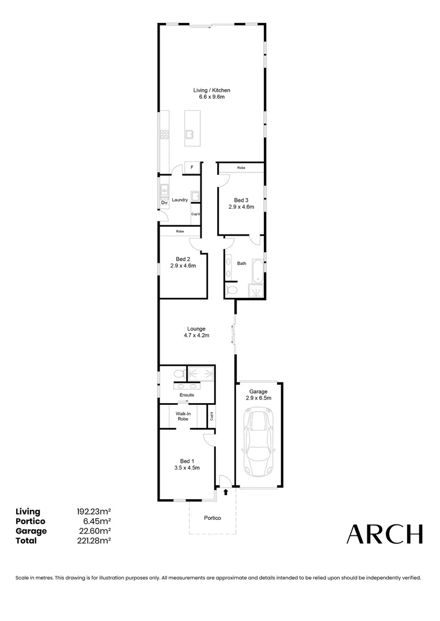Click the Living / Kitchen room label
(x=211, y=91)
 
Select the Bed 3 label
(x=241, y=200)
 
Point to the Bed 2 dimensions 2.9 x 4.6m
(x=183, y=266)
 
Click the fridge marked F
(x=192, y=167)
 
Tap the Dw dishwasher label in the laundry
(x=164, y=202)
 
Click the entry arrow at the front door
(x=226, y=492)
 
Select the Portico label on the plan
(x=213, y=518)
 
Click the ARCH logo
(x=384, y=534)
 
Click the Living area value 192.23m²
(x=94, y=511)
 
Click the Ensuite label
(x=187, y=395)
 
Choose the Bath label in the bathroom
(x=242, y=263)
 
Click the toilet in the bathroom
(x=232, y=290)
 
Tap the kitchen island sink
(x=189, y=136)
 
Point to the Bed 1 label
(x=187, y=461)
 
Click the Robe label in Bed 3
(x=241, y=167)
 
